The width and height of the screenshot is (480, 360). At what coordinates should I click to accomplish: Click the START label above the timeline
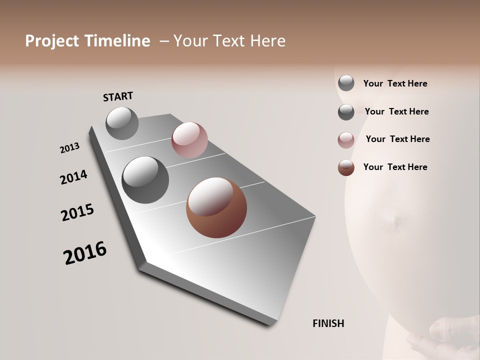(x=118, y=96)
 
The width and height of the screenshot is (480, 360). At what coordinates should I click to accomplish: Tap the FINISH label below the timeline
(x=328, y=323)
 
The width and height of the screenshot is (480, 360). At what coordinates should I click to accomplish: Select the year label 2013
(x=69, y=148)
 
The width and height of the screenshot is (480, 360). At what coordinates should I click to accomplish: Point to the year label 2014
(x=73, y=177)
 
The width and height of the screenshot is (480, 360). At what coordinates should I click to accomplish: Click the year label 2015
(x=77, y=212)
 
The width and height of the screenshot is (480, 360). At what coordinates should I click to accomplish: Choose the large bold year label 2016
(x=85, y=253)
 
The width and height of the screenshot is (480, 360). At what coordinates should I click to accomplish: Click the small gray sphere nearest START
(x=122, y=123)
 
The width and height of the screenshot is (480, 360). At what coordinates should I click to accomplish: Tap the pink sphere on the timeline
(x=189, y=140)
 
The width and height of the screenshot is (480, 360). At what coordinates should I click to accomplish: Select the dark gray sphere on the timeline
(x=145, y=180)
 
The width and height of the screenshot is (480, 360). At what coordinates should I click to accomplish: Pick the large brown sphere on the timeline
(x=216, y=207)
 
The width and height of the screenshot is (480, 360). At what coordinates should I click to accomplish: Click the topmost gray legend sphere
(x=346, y=83)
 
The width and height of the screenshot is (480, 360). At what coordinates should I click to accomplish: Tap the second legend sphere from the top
(x=346, y=112)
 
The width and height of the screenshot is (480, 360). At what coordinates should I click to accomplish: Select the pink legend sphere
(x=346, y=140)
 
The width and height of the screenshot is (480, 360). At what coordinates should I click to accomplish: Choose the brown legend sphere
(x=346, y=167)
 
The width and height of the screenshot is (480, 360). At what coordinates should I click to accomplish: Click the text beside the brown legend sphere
(x=395, y=167)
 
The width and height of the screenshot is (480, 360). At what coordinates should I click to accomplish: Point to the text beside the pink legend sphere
(x=397, y=139)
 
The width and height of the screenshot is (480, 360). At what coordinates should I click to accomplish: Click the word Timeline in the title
(x=117, y=41)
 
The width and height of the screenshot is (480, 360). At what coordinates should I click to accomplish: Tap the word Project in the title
(x=52, y=41)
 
